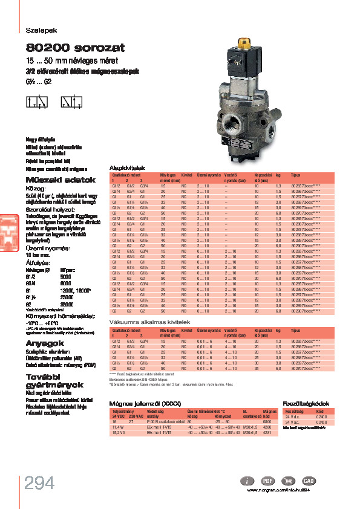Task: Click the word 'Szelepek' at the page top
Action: point(38,30)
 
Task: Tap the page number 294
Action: point(40,483)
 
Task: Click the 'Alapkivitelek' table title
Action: point(125,168)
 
